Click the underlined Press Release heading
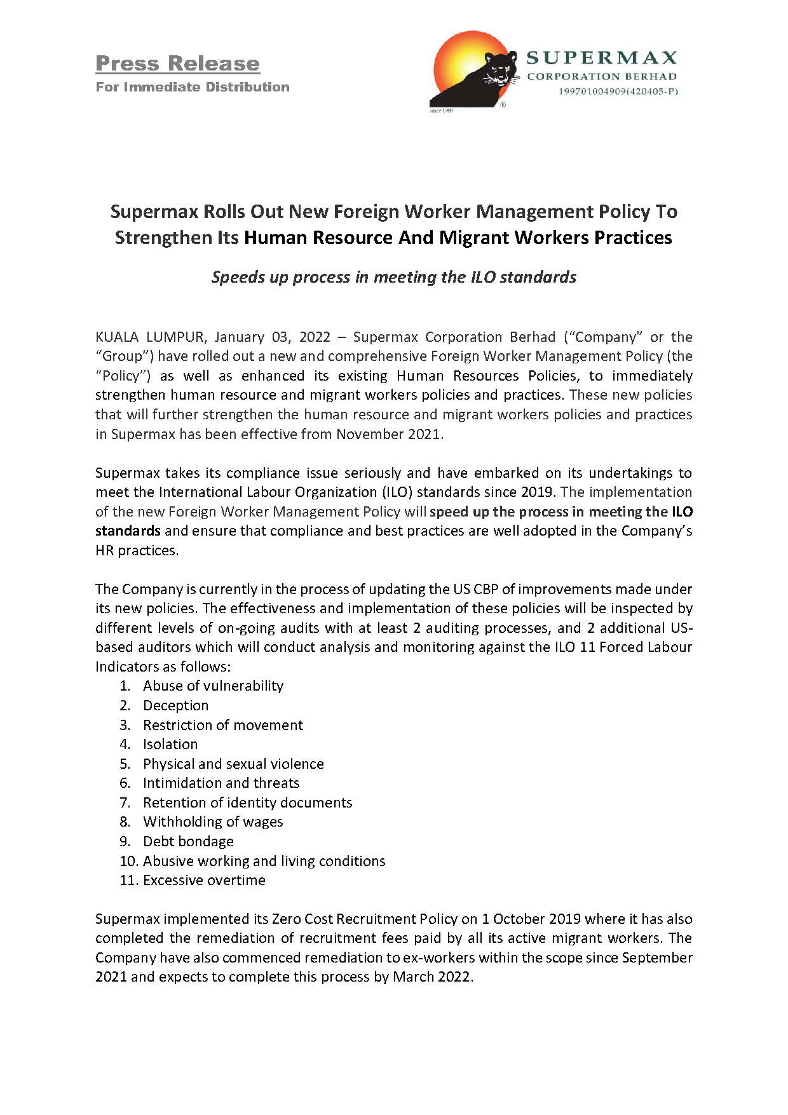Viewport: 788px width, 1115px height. (x=177, y=64)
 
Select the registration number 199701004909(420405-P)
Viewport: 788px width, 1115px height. (x=618, y=91)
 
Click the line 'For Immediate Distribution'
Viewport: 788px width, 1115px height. (x=193, y=87)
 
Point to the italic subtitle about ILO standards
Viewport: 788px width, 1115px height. (x=393, y=277)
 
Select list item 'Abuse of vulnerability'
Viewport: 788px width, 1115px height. (x=213, y=686)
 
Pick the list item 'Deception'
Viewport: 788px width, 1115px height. (x=175, y=705)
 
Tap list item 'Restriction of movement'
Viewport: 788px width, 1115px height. (x=223, y=725)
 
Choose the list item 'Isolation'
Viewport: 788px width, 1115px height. (x=170, y=744)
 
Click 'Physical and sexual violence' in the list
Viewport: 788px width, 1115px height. (x=233, y=764)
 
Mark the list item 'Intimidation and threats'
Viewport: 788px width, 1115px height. (x=221, y=783)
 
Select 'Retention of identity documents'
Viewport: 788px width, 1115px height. (x=247, y=802)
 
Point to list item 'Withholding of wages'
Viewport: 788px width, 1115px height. (x=213, y=821)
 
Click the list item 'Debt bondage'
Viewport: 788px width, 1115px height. (x=188, y=841)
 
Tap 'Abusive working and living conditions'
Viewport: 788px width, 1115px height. (x=264, y=861)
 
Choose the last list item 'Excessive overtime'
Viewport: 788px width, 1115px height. (x=204, y=880)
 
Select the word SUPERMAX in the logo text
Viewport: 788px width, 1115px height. (x=601, y=58)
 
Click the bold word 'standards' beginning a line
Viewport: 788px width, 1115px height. (x=128, y=530)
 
